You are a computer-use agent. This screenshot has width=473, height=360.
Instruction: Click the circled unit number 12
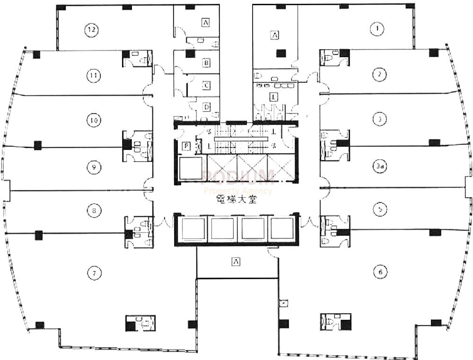click(92, 30)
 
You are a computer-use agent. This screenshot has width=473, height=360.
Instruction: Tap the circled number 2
click(379, 74)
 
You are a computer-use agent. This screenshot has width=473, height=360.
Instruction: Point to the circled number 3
click(379, 119)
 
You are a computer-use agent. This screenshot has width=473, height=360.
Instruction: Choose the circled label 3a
click(379, 167)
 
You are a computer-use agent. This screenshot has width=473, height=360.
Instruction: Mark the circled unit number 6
click(379, 272)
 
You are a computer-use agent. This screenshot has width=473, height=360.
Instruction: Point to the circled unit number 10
click(94, 121)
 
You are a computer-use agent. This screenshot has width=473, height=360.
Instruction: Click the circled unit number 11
click(94, 75)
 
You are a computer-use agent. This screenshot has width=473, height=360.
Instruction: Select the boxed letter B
click(207, 62)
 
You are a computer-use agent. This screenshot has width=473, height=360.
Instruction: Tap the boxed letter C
click(207, 86)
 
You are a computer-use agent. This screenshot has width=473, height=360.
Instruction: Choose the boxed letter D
click(207, 107)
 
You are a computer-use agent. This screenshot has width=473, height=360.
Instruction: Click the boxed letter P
click(186, 147)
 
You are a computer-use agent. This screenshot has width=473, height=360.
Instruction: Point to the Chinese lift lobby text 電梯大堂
click(235, 200)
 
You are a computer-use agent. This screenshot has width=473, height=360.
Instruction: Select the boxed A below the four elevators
click(235, 261)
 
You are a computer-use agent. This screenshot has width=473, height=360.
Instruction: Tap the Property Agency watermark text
click(238, 191)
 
